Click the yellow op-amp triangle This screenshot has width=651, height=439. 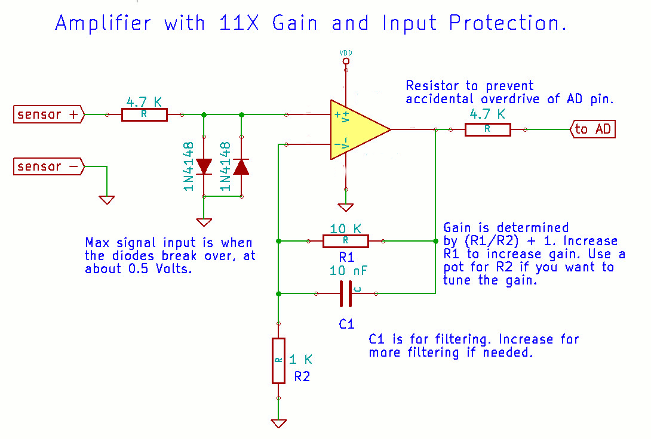tap(356, 129)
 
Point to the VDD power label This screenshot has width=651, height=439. tap(346, 53)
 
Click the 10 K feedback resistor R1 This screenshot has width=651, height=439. tap(345, 241)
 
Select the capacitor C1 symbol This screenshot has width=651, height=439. tap(346, 293)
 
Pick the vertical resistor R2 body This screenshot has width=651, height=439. tap(278, 360)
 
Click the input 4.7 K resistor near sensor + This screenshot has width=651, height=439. tap(145, 115)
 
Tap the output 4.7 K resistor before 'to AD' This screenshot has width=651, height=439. tap(487, 129)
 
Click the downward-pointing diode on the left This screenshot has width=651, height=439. tap(204, 166)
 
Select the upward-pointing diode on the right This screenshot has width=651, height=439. tap(241, 166)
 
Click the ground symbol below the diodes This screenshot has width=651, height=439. tap(204, 222)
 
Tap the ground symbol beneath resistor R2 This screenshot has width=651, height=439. tap(278, 423)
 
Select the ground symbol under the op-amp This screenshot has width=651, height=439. tap(346, 207)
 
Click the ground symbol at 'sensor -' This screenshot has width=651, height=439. tap(107, 200)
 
